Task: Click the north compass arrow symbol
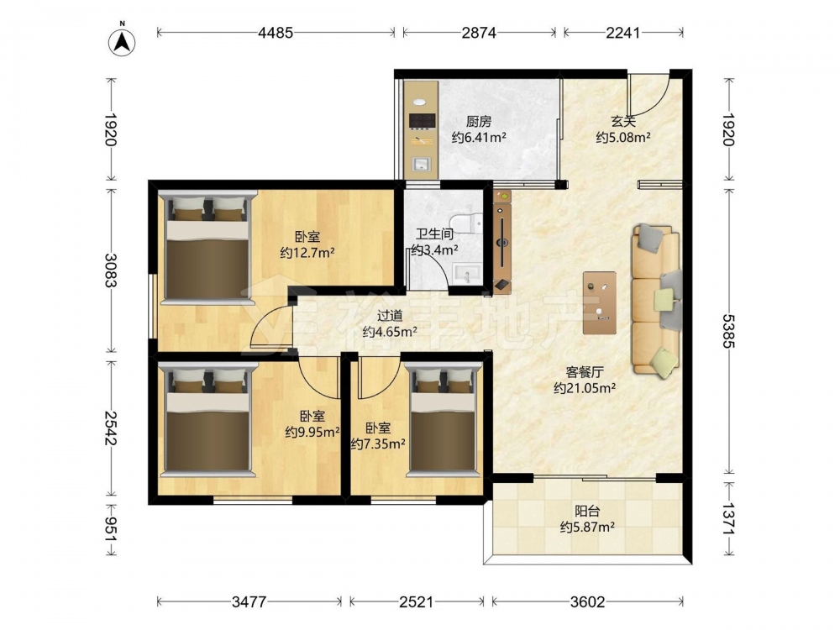pos(122,42)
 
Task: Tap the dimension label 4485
pos(276,33)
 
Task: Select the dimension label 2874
pos(479,33)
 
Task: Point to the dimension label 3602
pos(588,601)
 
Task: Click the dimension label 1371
pos(728,518)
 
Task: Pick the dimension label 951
pos(112,529)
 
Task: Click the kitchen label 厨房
pos(479,122)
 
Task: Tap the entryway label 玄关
pos(623,122)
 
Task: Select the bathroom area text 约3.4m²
pos(434,249)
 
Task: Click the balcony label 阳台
pos(586,511)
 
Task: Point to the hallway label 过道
pos(390,317)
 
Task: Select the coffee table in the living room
pos(600,302)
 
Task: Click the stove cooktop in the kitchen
pos(422,121)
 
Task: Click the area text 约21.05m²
pos(585,388)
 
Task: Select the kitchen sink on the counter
pos(422,164)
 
